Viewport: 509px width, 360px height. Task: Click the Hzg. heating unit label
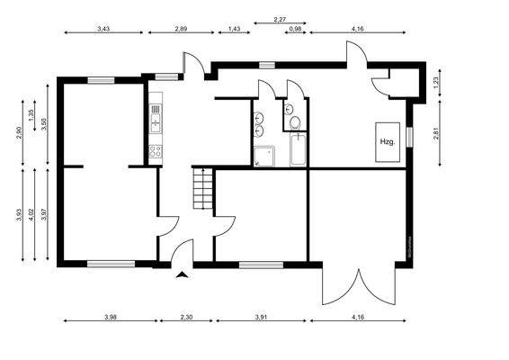[388, 142]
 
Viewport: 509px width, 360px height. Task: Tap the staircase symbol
[202, 190]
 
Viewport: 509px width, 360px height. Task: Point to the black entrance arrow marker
[183, 276]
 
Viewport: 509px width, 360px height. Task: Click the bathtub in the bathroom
[298, 152]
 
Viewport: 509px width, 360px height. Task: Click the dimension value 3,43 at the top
[103, 30]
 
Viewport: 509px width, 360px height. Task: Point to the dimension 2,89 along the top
[181, 30]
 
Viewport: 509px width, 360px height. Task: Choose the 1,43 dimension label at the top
[234, 30]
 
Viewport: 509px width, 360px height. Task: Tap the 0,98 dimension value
[294, 30]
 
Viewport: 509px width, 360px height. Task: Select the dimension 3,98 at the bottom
[110, 317]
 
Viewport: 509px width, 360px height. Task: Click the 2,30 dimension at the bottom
[187, 317]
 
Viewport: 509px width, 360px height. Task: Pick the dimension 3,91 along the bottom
[262, 317]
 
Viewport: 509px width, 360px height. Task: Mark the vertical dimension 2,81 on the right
[436, 134]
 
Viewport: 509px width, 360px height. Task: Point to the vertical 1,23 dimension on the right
[436, 82]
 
